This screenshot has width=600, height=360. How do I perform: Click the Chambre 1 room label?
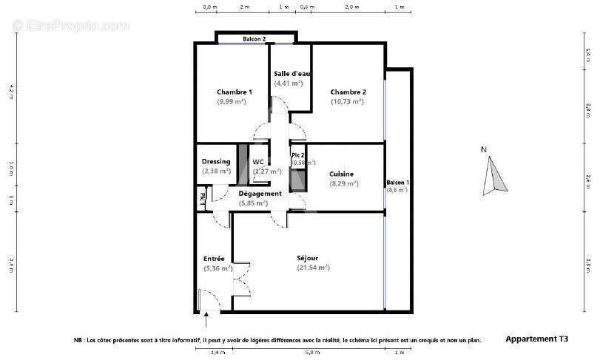click(x=234, y=92)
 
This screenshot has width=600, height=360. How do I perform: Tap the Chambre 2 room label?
click(x=348, y=92)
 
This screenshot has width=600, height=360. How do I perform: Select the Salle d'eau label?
click(x=291, y=74)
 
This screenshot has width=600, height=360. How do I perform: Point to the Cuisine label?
click(x=341, y=174)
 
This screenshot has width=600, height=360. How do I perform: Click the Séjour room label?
click(x=308, y=258)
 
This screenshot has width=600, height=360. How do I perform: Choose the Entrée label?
click(x=214, y=258)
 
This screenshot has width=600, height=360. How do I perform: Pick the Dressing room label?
click(x=216, y=161)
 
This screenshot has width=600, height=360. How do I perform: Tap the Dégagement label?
click(x=260, y=194)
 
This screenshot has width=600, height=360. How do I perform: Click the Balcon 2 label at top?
click(x=255, y=38)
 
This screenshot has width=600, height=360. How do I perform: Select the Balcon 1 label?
click(x=397, y=182)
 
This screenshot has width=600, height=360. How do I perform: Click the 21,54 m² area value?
click(x=313, y=268)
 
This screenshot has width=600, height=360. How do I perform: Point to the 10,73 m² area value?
click(x=347, y=101)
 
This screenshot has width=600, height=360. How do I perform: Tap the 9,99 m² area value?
click(x=231, y=101)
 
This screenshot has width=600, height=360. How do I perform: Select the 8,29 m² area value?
click(x=343, y=183)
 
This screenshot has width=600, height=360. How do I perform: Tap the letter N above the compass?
click(x=484, y=150)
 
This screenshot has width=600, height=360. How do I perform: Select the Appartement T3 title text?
click(x=537, y=339)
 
